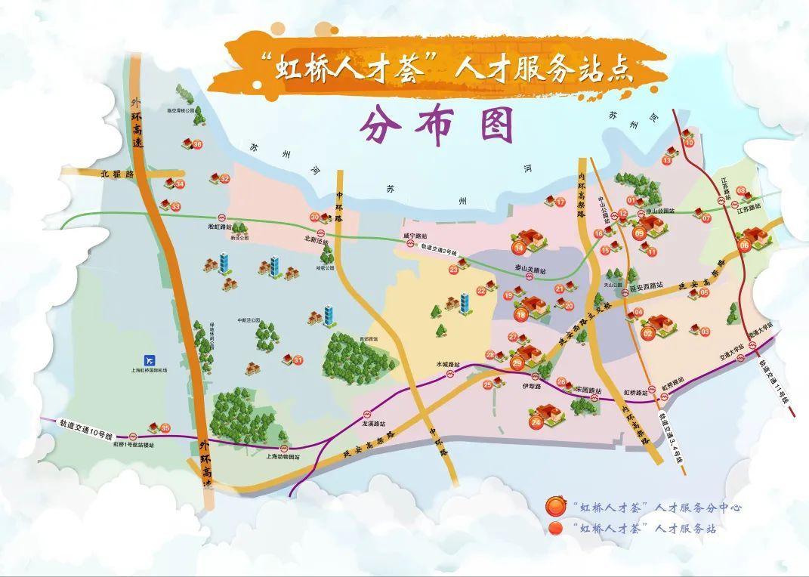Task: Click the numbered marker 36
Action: [x=197, y=144]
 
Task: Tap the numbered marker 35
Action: [x=165, y=428]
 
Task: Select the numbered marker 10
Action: [x=688, y=143]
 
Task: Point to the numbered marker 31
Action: [x=298, y=360]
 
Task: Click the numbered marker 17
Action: [x=560, y=202]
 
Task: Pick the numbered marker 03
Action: [x=705, y=332]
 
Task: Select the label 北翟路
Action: [x=116, y=173]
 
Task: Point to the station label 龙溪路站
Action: [x=375, y=424]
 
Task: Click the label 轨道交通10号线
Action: [x=86, y=436]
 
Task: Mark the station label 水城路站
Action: [x=447, y=364]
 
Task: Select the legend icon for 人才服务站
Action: [x=557, y=528]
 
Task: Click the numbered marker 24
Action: [x=536, y=423]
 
